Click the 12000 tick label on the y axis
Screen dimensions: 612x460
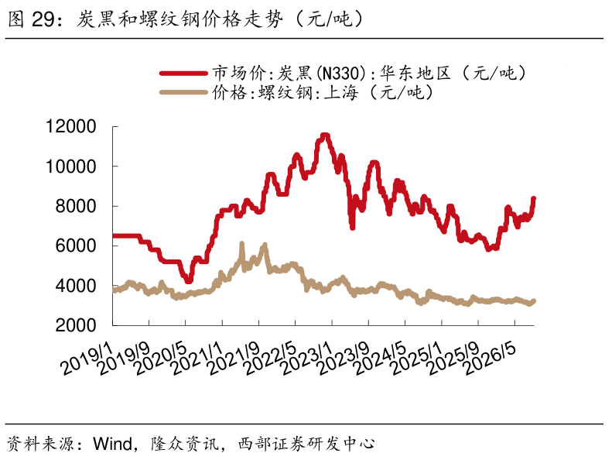pos(70,127)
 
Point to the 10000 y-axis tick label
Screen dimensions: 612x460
pos(70,166)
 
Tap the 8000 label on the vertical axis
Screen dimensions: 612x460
pos(76,206)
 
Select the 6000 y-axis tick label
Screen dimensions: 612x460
pos(76,245)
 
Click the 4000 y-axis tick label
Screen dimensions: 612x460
pos(76,286)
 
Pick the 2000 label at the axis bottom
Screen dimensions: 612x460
pos(76,325)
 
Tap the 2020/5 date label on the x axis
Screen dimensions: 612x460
pos(160,359)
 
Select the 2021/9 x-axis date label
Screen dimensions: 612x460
pos(234,359)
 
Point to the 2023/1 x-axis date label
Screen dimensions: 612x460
pos(307,359)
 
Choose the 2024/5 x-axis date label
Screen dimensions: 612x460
pos(380,359)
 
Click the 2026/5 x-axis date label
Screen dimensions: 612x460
pos(490,359)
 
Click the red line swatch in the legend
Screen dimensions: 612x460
pos(183,73)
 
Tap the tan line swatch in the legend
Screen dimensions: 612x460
pos(183,93)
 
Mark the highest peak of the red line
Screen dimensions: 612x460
pos(325,136)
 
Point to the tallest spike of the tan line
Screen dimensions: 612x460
pos(241,244)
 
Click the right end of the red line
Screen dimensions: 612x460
pos(534,199)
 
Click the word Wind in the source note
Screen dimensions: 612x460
pos(113,444)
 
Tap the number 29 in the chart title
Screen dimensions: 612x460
pos(43,19)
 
